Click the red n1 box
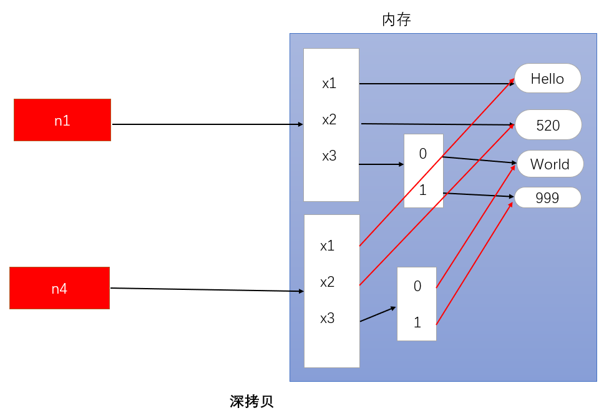pyautogui.click(x=62, y=120)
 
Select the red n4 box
pyautogui.click(x=60, y=288)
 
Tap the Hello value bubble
pyautogui.click(x=547, y=79)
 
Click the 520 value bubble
pyautogui.click(x=548, y=126)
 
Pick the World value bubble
pyautogui.click(x=550, y=164)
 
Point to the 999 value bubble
pyautogui.click(x=547, y=198)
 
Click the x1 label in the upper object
pyautogui.click(x=329, y=83)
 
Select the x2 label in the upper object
pyautogui.click(x=329, y=119)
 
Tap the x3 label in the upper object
pyautogui.click(x=329, y=156)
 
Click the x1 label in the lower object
pyautogui.click(x=327, y=246)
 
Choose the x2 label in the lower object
pyautogui.click(x=327, y=282)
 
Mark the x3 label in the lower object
pyautogui.click(x=327, y=319)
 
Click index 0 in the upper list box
pyautogui.click(x=422, y=154)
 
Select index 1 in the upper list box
pyautogui.click(x=422, y=190)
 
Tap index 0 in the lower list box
pyautogui.click(x=417, y=286)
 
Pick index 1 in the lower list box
pyautogui.click(x=417, y=323)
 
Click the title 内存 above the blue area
pyautogui.click(x=396, y=20)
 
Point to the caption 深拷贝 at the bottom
pyautogui.click(x=251, y=401)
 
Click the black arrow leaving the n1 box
pyautogui.click(x=206, y=124)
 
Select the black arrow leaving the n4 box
pyautogui.click(x=206, y=290)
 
